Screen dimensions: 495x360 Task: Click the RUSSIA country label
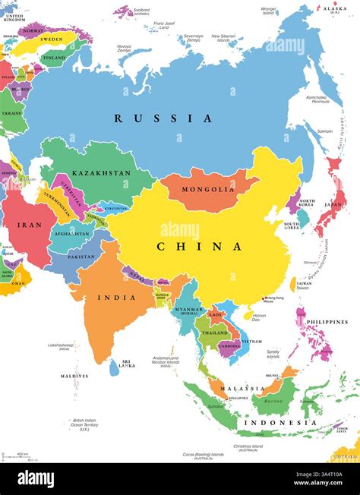pyautogui.click(x=163, y=118)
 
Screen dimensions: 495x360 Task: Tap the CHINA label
pyautogui.click(x=200, y=247)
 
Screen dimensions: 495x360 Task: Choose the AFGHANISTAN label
pyautogui.click(x=72, y=232)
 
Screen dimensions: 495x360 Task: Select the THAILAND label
pyautogui.click(x=214, y=332)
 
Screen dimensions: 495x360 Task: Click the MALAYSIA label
pyautogui.click(x=243, y=389)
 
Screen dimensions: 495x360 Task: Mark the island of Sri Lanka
pyautogui.click(x=114, y=368)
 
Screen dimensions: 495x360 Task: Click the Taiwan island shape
pyautogui.click(x=293, y=285)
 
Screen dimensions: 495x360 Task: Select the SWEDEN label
pyautogui.click(x=52, y=37)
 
